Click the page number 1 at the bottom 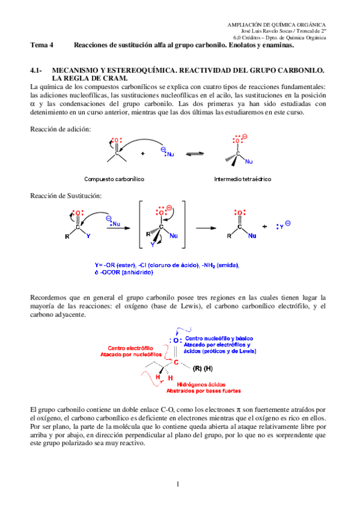(178, 484)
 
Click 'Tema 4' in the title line (42, 45)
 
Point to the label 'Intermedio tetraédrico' (242, 179)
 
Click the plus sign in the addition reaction (142, 154)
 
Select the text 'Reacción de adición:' (59, 130)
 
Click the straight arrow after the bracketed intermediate (206, 227)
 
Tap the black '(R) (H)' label (203, 367)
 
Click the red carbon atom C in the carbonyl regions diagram (176, 362)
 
